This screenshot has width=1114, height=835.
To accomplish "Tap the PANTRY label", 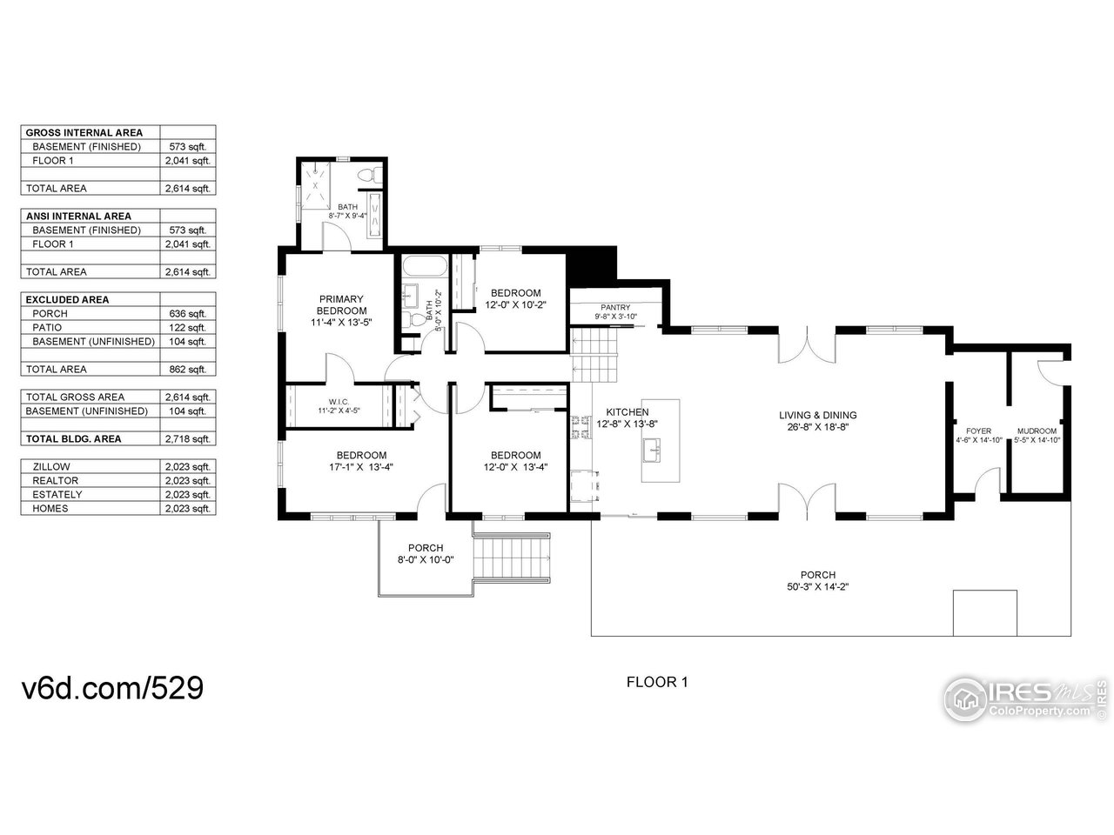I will [615, 307].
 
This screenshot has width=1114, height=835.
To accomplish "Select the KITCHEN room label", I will [627, 412].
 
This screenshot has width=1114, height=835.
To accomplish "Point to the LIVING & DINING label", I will [817, 415].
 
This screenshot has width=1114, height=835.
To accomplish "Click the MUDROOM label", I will [1037, 431].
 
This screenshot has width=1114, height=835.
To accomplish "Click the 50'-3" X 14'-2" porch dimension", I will [817, 587].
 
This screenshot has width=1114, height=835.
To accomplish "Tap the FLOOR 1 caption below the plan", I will [657, 682].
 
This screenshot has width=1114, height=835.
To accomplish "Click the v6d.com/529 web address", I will [112, 687].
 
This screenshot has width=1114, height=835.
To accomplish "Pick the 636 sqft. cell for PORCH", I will [187, 314].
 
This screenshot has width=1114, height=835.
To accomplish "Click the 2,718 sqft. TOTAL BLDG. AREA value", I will [187, 439].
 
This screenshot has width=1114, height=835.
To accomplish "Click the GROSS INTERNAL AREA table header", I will [84, 133].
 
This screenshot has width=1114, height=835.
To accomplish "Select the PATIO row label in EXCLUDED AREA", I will [47, 328].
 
